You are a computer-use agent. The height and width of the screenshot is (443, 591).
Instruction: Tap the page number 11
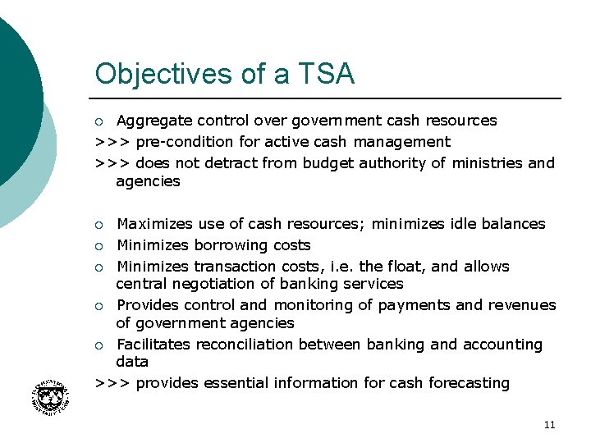(549, 425)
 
